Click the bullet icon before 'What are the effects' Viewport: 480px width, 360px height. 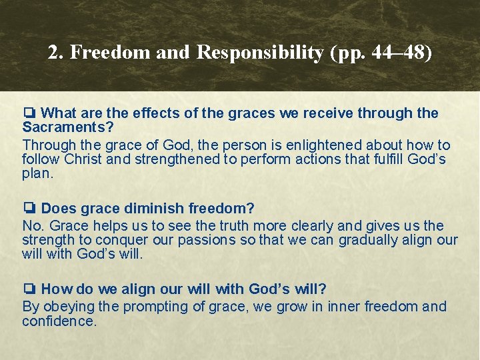[29, 113]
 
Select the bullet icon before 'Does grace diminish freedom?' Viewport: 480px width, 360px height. [29, 209]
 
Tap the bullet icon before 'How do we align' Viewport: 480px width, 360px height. [29, 289]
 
